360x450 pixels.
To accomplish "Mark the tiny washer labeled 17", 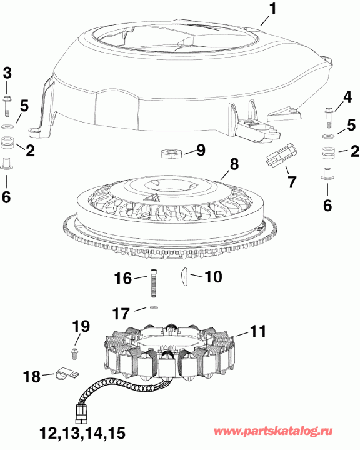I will tap(153, 307).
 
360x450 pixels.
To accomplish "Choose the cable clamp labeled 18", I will tap(64, 375).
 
